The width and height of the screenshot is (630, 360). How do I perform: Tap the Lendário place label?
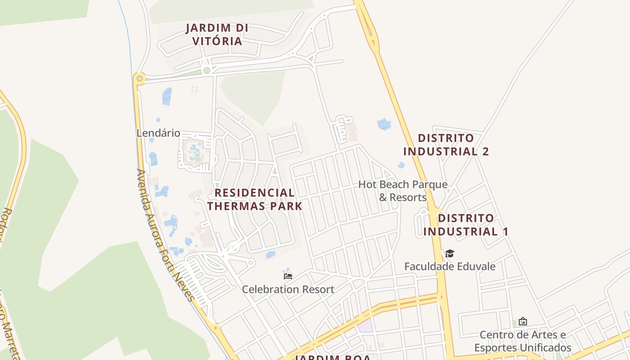click(158, 133)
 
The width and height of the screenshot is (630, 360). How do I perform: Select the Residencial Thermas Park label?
click(254, 199)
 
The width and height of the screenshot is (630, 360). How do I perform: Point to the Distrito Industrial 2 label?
click(445, 144)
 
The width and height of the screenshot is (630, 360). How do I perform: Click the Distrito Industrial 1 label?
click(465, 225)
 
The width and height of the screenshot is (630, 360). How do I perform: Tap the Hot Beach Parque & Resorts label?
click(402, 191)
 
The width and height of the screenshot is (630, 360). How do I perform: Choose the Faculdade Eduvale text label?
click(450, 266)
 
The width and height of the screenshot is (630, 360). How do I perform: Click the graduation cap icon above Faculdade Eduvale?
click(450, 254)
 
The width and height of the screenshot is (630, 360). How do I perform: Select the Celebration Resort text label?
click(288, 289)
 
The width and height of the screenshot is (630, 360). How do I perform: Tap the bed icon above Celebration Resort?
click(288, 276)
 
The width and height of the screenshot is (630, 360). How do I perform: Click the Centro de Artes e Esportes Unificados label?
click(522, 341)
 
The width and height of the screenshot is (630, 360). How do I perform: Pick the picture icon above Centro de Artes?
click(522, 321)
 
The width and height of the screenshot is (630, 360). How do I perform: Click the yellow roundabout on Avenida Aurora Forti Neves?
click(139, 79)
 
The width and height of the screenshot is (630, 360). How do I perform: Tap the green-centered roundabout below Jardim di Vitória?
click(207, 70)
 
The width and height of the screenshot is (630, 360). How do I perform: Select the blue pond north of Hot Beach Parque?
click(384, 124)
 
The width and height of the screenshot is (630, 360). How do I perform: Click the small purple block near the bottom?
click(366, 325)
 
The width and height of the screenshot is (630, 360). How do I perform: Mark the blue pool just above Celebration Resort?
click(270, 255)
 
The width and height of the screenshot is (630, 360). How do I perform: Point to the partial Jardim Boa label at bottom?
click(333, 357)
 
